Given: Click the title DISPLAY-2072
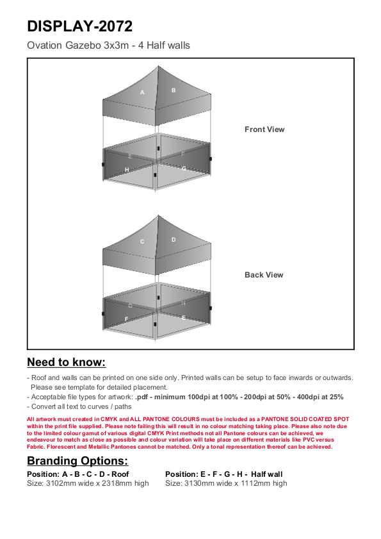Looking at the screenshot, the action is tap(79, 26).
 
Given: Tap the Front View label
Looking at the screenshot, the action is tap(264, 129).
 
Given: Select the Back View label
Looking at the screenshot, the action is tap(264, 275).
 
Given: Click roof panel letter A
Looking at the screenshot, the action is tap(142, 92).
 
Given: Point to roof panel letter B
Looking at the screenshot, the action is tap(174, 90).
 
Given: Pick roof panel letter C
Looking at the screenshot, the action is tap(142, 242).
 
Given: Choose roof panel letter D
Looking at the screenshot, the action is tap(174, 240).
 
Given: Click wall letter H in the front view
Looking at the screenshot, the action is tap(127, 169).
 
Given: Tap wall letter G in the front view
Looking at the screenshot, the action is tap(184, 169).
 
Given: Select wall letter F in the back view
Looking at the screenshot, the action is tap(126, 319).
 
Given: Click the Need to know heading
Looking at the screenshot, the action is tap(67, 362).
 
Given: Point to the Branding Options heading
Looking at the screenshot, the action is tap(77, 461).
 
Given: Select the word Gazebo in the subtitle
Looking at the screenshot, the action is tap(83, 46).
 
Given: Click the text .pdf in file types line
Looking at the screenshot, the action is tap(142, 397).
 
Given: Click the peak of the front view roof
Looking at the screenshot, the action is tap(158, 67).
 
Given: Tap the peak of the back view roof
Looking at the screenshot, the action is tap(158, 215).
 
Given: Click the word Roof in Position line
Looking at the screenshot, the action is tap(120, 474).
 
